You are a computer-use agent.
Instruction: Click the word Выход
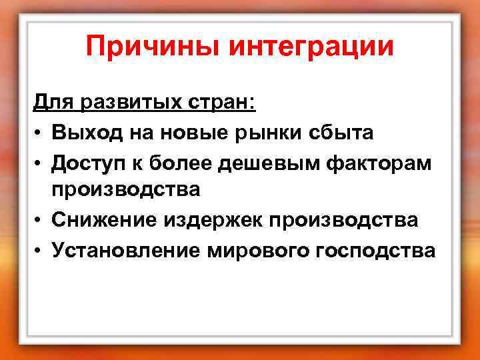[x=92, y=133]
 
